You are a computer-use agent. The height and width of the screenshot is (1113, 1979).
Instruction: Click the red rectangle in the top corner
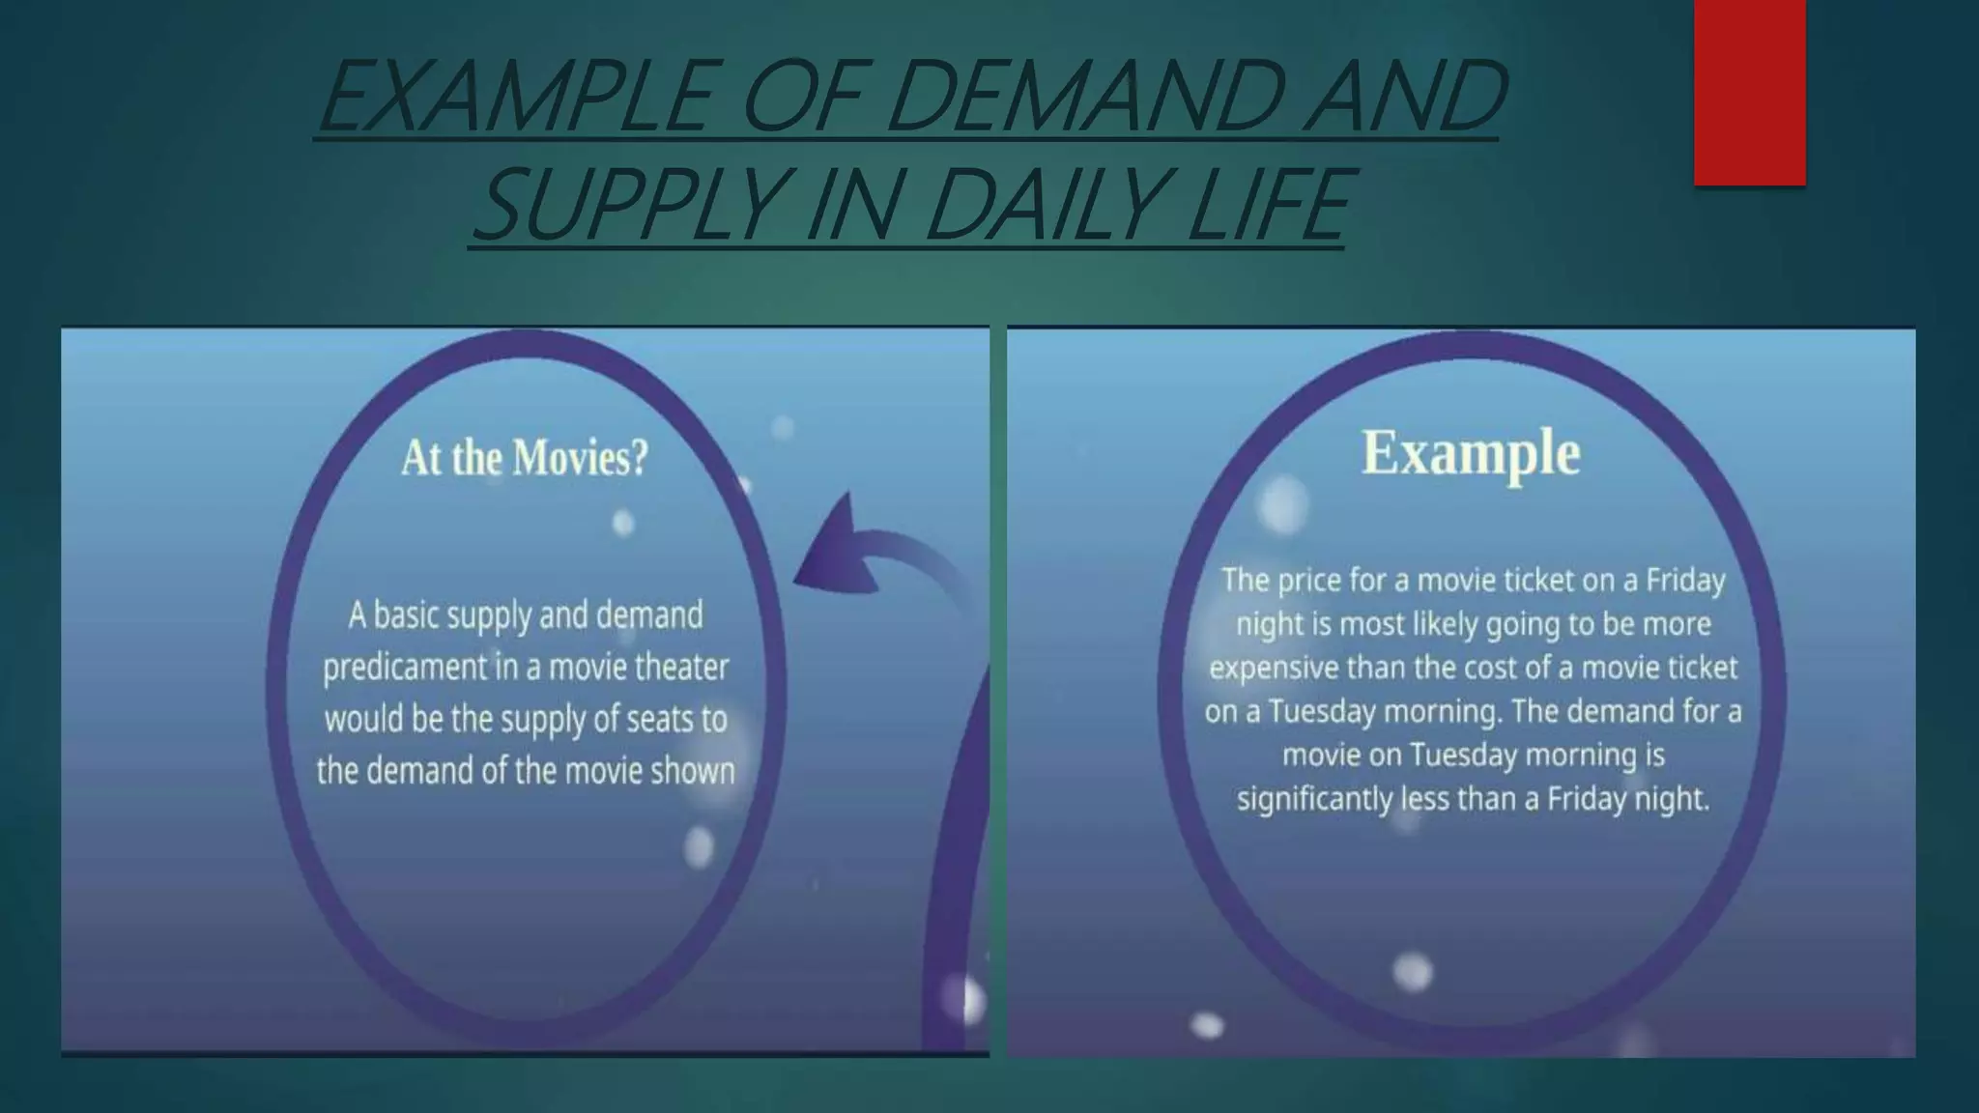point(1749,93)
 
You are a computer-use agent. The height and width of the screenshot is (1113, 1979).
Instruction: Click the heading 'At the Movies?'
point(525,458)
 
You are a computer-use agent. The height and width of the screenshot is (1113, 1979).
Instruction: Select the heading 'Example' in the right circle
point(1471,452)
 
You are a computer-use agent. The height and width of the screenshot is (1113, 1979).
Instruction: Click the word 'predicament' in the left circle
point(405,668)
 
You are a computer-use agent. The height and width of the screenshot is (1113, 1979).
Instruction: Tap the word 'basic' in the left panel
point(405,615)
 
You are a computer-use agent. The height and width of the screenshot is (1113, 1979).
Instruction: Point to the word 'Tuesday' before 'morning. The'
point(1322,712)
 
